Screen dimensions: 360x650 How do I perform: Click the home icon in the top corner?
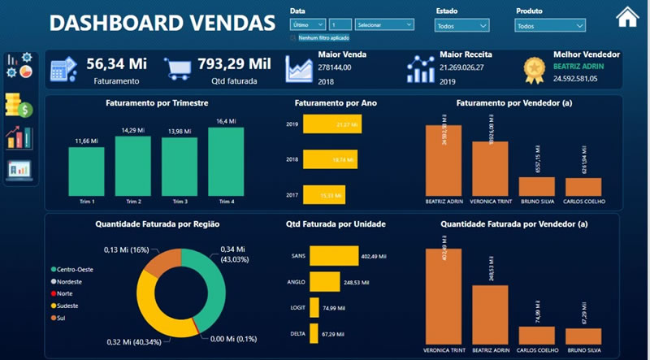pos(627,17)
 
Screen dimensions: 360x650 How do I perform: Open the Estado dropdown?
pos(462,26)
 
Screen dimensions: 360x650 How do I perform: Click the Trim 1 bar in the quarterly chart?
pos(87,171)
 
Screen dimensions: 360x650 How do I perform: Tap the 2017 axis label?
pos(292,195)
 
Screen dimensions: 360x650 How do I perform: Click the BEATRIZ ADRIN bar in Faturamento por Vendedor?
pos(443,159)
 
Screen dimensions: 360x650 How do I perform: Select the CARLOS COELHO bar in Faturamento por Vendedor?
pos(583,186)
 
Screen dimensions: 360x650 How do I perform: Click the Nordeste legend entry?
pos(70,281)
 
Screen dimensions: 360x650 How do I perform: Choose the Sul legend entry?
pos(62,317)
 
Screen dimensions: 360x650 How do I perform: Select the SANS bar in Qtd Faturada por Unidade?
pos(334,255)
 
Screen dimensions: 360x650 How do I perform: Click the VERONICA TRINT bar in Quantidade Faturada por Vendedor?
pos(443,296)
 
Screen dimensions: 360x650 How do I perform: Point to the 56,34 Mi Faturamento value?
pos(116,63)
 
